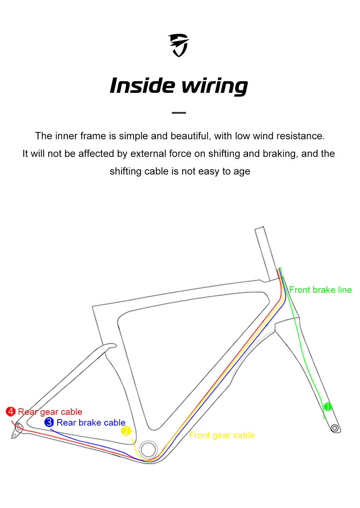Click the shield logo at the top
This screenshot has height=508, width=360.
pyautogui.click(x=179, y=45)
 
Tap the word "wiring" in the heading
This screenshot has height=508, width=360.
pyautogui.click(x=215, y=86)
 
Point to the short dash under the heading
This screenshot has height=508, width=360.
pyautogui.click(x=179, y=113)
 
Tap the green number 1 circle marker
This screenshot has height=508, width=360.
pyautogui.click(x=328, y=407)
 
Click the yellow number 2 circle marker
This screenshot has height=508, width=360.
pyautogui.click(x=126, y=431)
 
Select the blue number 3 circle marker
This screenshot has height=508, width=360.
pyautogui.click(x=49, y=422)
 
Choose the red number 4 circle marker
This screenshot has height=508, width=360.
pyautogui.click(x=10, y=411)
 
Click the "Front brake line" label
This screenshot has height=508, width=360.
pyautogui.click(x=320, y=290)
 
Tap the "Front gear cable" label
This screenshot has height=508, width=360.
pyautogui.click(x=222, y=435)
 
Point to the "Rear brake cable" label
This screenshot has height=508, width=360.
pyautogui.click(x=91, y=422)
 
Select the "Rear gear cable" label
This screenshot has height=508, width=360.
pyautogui.click(x=50, y=412)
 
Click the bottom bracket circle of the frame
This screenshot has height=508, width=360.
pyautogui.click(x=148, y=449)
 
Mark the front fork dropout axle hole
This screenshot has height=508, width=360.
pyautogui.click(x=334, y=428)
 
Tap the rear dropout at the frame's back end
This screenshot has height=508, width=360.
pyautogui.click(x=18, y=428)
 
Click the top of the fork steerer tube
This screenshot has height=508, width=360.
pyautogui.click(x=259, y=229)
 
